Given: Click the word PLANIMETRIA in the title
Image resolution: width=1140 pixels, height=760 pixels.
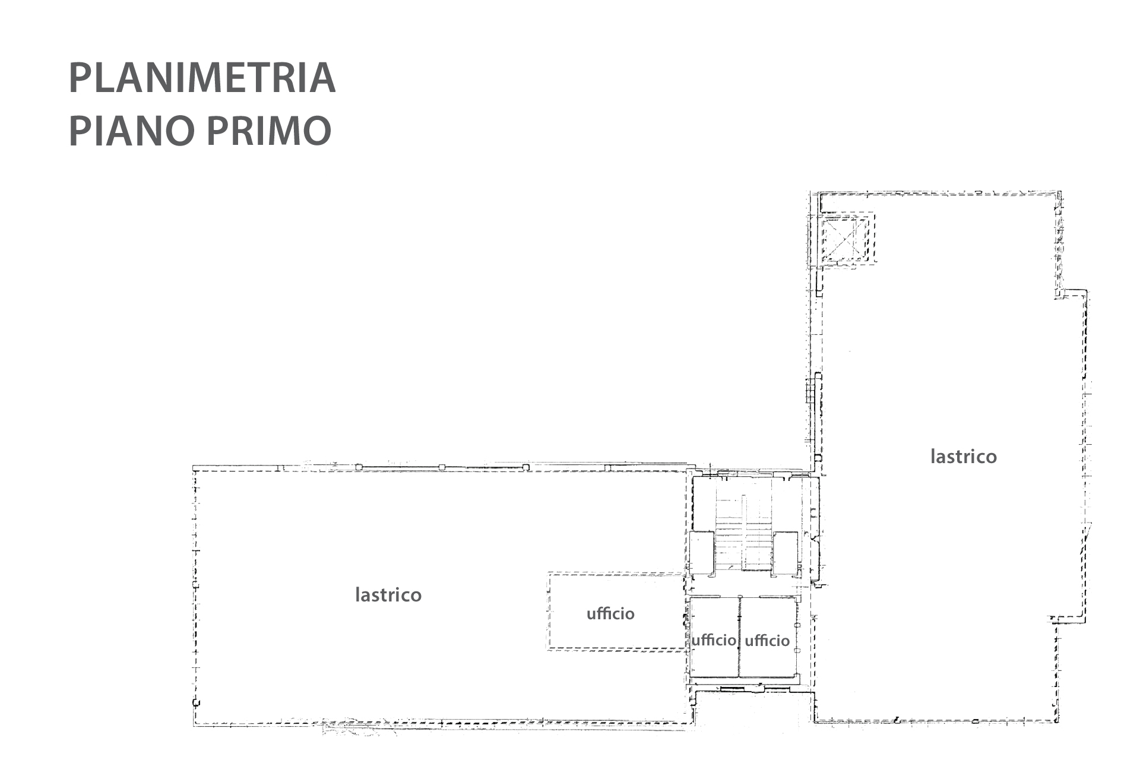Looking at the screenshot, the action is (x=202, y=78).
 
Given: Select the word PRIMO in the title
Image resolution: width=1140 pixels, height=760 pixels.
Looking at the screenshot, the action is (x=269, y=131).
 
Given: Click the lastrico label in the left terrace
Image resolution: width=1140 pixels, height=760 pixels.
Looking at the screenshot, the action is (x=388, y=594).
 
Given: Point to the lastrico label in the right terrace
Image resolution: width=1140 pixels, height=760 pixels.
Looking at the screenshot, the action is (x=964, y=456).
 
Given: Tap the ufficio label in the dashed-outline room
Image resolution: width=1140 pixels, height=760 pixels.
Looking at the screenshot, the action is (x=610, y=613).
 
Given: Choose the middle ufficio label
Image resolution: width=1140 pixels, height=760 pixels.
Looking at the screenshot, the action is (x=713, y=640).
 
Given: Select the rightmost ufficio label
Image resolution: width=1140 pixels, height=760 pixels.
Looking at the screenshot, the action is (x=767, y=640).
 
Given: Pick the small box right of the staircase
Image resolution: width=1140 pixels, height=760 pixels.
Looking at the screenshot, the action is (x=786, y=553).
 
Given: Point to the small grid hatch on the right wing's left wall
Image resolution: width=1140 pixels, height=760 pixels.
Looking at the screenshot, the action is (x=809, y=392).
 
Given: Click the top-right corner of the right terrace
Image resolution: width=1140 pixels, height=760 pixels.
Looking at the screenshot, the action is (x=1060, y=192).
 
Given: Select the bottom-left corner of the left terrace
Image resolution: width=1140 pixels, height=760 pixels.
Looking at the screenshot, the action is (x=195, y=725).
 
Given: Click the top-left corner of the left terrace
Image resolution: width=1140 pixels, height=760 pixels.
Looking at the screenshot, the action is (x=195, y=469).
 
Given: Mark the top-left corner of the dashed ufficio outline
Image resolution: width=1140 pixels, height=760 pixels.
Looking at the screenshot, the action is (x=549, y=574).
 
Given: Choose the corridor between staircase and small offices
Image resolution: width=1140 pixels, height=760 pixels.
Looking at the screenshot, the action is (x=745, y=585).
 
